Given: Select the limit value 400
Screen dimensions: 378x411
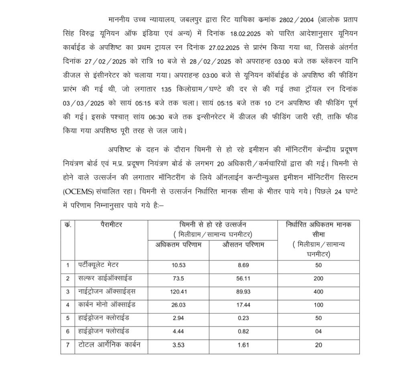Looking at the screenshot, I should [x=318, y=292].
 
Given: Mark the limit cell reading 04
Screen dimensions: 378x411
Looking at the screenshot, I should [x=318, y=331].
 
